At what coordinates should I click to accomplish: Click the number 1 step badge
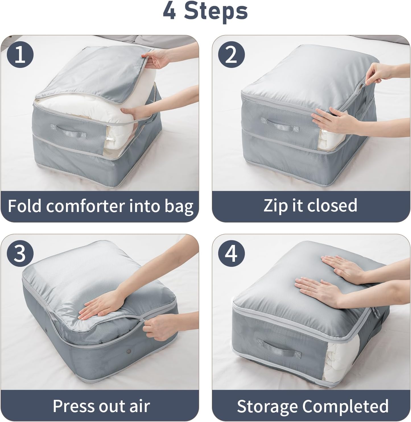(x=20, y=55)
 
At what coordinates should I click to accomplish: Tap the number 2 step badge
(x=231, y=55)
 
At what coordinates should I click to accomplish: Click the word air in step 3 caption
(x=139, y=406)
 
